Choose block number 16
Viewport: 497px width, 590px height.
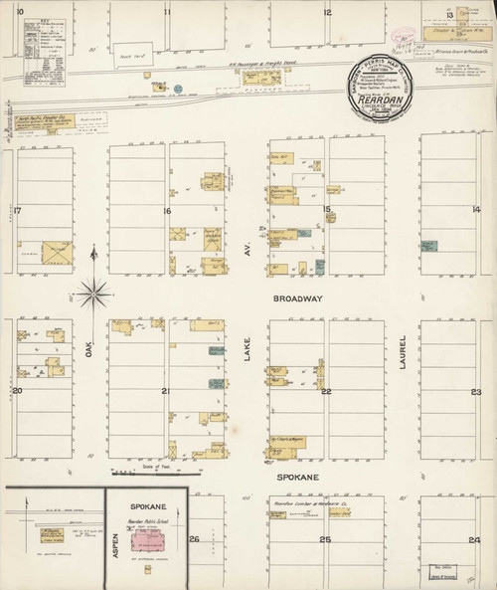168,211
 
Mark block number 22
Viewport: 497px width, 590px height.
325,392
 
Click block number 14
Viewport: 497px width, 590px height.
476,209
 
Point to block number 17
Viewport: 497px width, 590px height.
17,210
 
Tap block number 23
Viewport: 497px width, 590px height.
476,392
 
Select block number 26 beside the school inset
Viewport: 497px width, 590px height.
195,539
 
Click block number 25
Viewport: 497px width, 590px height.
325,539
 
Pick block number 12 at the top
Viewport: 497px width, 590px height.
326,13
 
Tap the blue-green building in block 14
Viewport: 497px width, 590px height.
428,245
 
